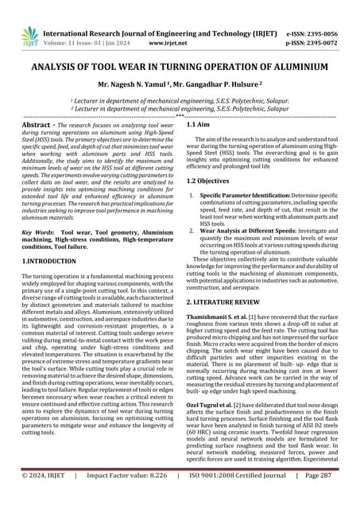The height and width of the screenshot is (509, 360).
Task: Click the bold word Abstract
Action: [x=38, y=126]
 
